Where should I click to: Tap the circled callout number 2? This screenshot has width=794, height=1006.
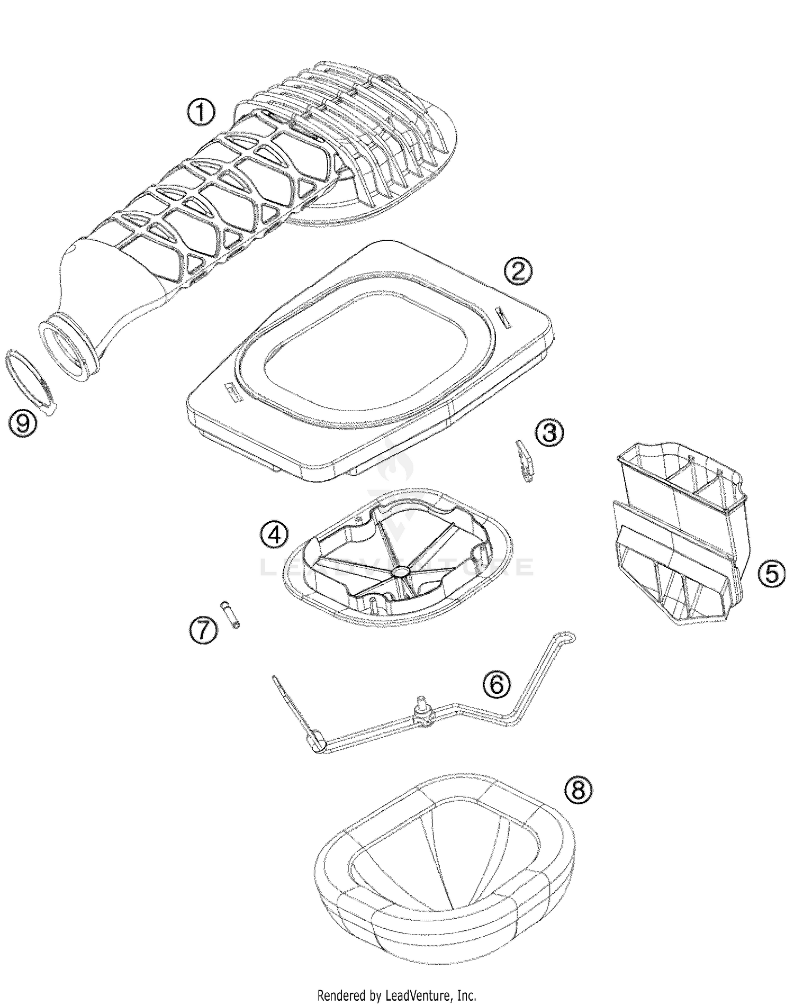(x=518, y=271)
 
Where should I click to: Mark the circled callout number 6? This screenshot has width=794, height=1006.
(x=497, y=684)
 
